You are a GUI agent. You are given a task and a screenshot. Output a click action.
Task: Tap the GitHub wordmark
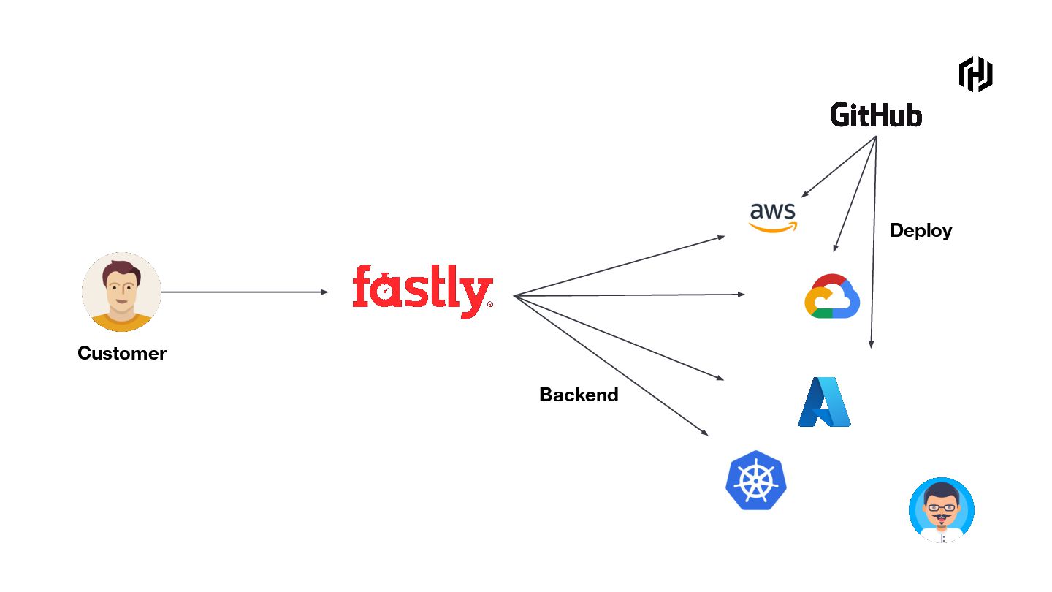[876, 115]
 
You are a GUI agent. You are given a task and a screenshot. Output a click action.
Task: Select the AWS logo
[773, 216]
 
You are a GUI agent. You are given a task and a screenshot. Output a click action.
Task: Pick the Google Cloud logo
[832, 296]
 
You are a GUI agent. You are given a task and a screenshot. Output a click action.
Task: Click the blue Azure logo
[825, 402]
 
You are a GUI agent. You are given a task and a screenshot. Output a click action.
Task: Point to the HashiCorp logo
[975, 74]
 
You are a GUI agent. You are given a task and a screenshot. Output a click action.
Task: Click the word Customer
[122, 354]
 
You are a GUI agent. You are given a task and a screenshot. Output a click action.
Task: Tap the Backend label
[579, 395]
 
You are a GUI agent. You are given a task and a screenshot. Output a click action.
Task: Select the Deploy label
[920, 231]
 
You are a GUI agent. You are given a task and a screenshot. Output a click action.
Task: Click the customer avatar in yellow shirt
[121, 292]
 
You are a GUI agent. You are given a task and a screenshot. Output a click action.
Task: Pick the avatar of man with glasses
[942, 510]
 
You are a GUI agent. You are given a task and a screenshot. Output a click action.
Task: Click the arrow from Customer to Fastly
[245, 292]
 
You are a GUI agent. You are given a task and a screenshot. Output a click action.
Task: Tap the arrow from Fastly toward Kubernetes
[611, 365]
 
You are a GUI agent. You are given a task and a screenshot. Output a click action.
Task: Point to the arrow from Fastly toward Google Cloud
[629, 295]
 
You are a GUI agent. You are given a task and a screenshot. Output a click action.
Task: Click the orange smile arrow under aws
[774, 228]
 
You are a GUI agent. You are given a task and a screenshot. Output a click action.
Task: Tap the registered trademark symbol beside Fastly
[489, 304]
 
